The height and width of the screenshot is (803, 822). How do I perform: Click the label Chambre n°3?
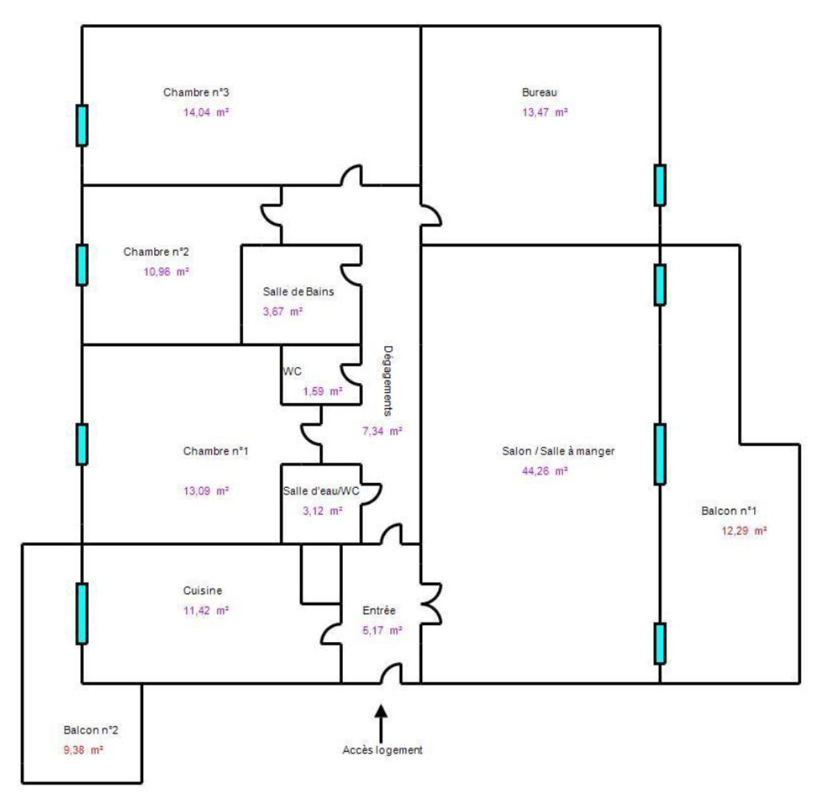tap(196, 93)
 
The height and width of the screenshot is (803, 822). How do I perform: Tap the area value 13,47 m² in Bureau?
tap(545, 112)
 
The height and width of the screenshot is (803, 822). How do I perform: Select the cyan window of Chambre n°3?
tap(82, 125)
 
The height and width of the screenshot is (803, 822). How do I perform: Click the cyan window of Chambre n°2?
tap(82, 265)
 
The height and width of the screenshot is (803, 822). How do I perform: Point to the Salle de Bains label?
tap(298, 291)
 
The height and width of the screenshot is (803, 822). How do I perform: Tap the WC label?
tap(292, 371)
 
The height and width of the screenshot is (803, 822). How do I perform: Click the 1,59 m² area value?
tap(322, 391)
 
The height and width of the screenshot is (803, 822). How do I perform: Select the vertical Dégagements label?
tap(388, 380)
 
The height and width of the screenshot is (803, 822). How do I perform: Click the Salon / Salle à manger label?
tap(558, 451)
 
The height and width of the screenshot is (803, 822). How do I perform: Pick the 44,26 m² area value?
tap(545, 471)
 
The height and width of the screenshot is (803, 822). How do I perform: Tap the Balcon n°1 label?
tap(728, 510)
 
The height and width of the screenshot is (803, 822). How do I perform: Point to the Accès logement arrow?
tap(381, 722)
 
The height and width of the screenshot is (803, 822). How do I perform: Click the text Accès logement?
tap(382, 750)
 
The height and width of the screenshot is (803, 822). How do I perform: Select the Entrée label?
tap(379, 610)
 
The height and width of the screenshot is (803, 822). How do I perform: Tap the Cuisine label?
tap(202, 590)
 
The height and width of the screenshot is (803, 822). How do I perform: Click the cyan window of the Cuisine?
tap(82, 613)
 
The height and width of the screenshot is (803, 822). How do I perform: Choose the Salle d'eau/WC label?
tap(321, 491)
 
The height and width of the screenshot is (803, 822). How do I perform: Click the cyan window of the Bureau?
tap(660, 185)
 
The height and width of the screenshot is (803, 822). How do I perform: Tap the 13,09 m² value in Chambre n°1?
tap(206, 491)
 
